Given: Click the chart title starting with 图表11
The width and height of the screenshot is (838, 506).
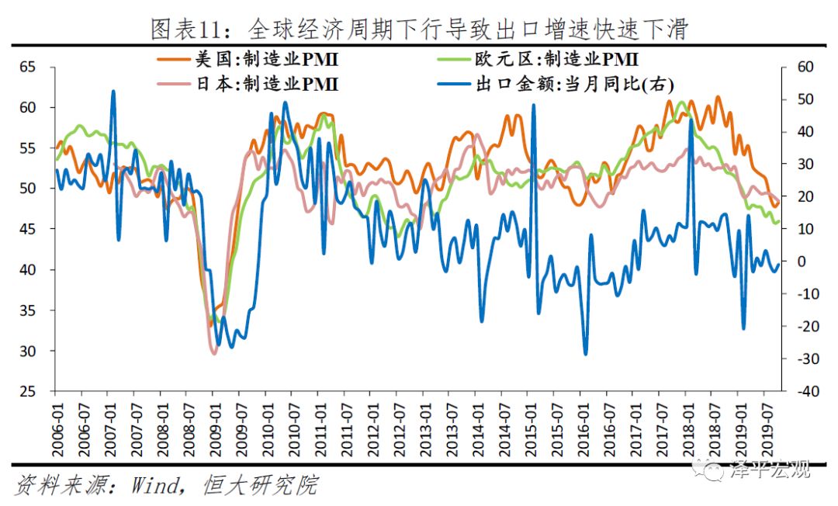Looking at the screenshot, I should (419, 29).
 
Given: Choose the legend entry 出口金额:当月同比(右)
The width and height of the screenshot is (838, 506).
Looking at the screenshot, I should (575, 84).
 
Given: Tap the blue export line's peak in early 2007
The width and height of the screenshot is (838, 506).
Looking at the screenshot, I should (113, 92).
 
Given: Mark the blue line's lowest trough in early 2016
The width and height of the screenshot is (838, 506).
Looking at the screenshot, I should (585, 354).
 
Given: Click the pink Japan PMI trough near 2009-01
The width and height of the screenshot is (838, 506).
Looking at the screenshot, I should (214, 353).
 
